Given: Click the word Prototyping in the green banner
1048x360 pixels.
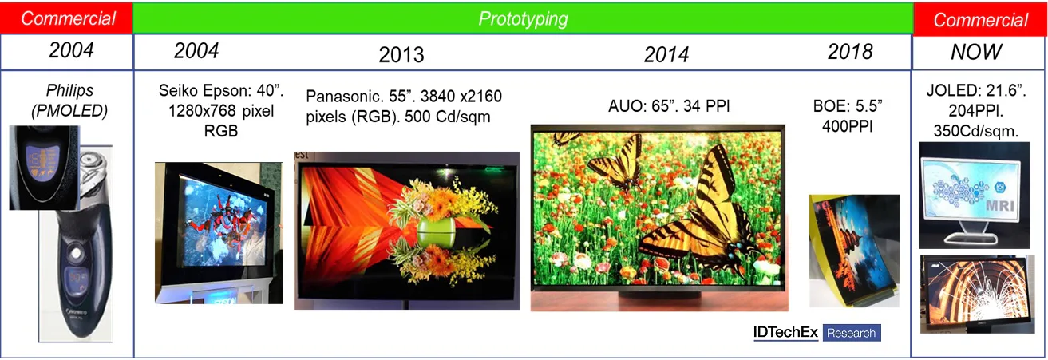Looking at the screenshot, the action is (523, 19).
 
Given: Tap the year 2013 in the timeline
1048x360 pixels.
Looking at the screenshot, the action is (401, 55).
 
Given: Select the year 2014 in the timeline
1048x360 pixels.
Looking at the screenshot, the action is (666, 55).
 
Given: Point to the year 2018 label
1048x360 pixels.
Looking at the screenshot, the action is (850, 52).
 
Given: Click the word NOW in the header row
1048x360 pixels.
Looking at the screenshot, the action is (976, 52).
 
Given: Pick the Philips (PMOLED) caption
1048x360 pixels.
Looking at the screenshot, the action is (69, 101).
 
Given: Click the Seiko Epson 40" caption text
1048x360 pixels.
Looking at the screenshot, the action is (221, 110).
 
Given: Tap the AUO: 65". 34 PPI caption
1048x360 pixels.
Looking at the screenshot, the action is (669, 106).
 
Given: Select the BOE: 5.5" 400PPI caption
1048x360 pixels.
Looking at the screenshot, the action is (848, 116).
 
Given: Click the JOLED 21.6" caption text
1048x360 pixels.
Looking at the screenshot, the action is (976, 110).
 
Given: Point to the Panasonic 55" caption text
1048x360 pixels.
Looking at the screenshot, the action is (404, 106).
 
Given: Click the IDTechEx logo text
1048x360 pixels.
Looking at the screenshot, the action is (785, 332).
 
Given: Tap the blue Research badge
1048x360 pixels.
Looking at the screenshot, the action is (852, 333).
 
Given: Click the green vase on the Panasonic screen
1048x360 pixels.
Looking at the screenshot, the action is (436, 232).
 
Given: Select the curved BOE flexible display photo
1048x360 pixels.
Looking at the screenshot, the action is (854, 251).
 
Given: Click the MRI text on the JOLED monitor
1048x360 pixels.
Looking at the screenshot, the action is (1000, 206).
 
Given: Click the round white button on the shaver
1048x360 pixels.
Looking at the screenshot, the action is (75, 254).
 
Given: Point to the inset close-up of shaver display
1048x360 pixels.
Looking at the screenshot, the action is (44, 168).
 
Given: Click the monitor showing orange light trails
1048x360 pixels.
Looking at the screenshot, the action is (976, 295).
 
